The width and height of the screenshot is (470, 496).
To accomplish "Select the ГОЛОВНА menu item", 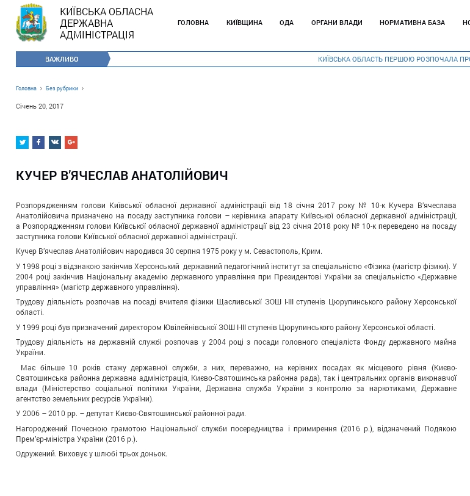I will (x=193, y=23).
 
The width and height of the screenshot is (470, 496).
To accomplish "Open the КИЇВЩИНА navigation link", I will (x=244, y=23).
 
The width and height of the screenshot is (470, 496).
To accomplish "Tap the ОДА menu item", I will (x=286, y=23).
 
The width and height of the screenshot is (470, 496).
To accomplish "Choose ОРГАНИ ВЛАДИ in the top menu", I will (x=336, y=23).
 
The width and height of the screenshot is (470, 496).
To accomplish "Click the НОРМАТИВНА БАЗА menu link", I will (x=412, y=23).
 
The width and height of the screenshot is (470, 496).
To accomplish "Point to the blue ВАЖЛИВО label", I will (x=62, y=59).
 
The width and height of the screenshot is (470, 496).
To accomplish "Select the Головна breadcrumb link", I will (x=26, y=88).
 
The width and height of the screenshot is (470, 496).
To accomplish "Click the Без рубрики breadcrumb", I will (x=62, y=88).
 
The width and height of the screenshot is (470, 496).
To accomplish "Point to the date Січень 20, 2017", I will (x=40, y=106).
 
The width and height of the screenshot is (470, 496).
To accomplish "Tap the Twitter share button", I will (x=22, y=143).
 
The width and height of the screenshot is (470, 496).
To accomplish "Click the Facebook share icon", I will (x=38, y=143).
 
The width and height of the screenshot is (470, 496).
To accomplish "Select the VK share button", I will (x=55, y=143).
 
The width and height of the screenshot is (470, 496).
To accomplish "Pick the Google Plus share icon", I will (x=71, y=143).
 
